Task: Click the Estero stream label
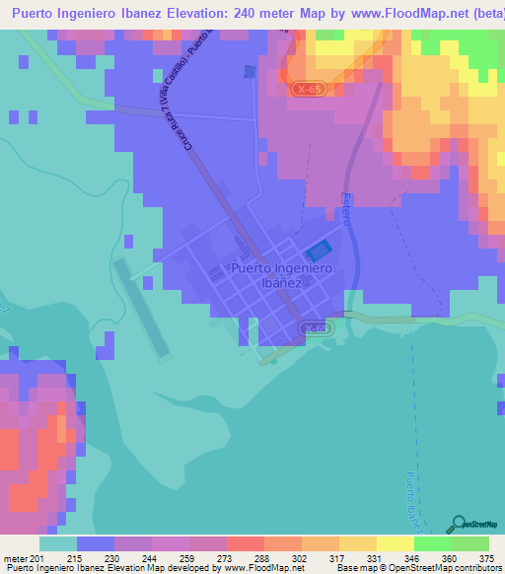[346, 208]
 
